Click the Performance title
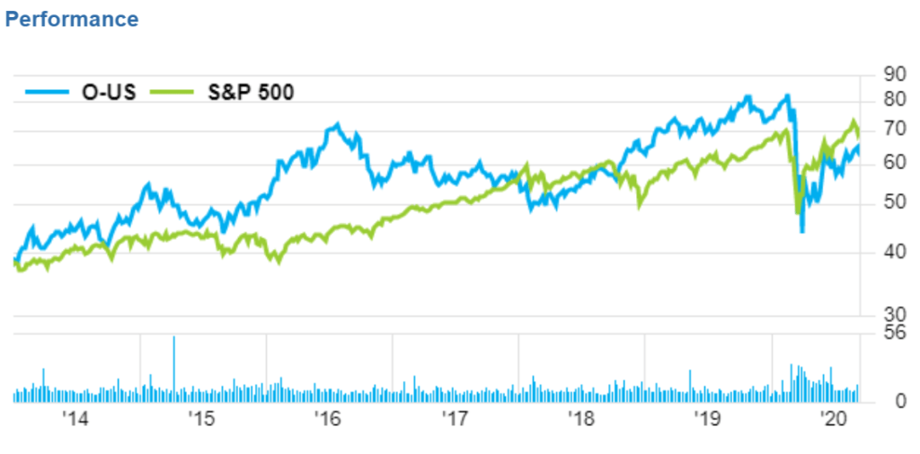72,19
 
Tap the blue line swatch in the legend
46,92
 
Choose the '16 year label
328,419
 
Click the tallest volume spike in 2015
173,339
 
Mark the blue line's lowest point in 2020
801,231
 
